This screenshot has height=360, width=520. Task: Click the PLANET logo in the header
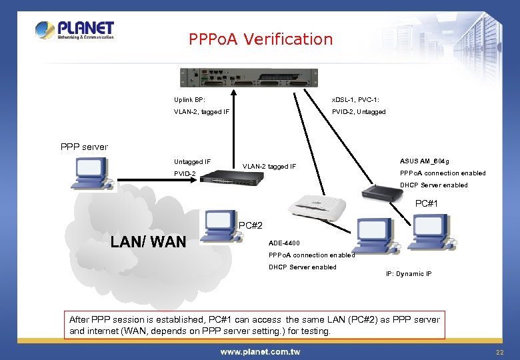click(x=75, y=31)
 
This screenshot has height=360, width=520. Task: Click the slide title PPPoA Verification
click(x=261, y=39)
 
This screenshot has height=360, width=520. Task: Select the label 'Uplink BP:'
click(x=189, y=99)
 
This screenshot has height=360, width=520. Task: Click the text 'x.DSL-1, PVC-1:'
click(x=355, y=99)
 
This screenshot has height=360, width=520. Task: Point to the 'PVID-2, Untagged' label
click(x=359, y=111)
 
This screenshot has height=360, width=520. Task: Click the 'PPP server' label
click(x=84, y=147)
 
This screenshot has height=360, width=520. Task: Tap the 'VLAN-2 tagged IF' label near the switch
click(x=269, y=166)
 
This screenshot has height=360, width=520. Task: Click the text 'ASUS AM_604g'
click(x=425, y=161)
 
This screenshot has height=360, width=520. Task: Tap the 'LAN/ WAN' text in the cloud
click(x=149, y=241)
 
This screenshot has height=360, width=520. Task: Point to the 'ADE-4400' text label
click(x=284, y=243)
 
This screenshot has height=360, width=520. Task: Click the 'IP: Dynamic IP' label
click(x=409, y=274)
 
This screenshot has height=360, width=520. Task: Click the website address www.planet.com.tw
click(x=259, y=351)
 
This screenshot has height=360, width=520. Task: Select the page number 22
click(x=499, y=351)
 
